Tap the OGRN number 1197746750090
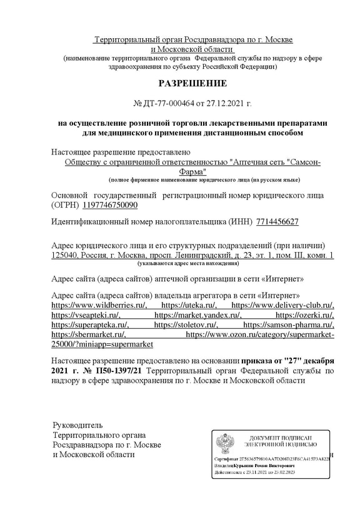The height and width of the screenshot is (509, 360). tap(109, 205)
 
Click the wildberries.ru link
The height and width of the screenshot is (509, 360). tap(99, 305)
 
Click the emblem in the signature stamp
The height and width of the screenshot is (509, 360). tap(226, 444)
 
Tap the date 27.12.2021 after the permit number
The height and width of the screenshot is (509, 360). tap(221, 103)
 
